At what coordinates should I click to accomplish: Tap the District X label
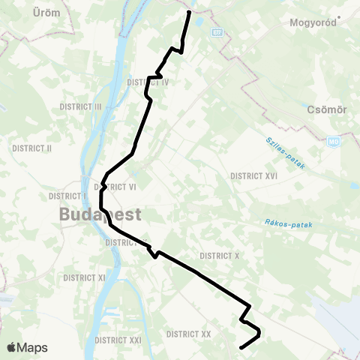point(220,256)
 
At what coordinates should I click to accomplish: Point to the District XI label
point(84,277)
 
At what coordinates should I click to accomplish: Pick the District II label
point(31,148)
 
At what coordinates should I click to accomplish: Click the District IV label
point(148,82)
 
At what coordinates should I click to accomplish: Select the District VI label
point(119,187)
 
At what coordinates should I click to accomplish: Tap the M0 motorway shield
point(334,142)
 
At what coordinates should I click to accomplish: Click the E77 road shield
point(217,33)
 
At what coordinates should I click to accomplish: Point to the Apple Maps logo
point(27,347)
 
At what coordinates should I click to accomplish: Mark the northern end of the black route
point(189,12)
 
